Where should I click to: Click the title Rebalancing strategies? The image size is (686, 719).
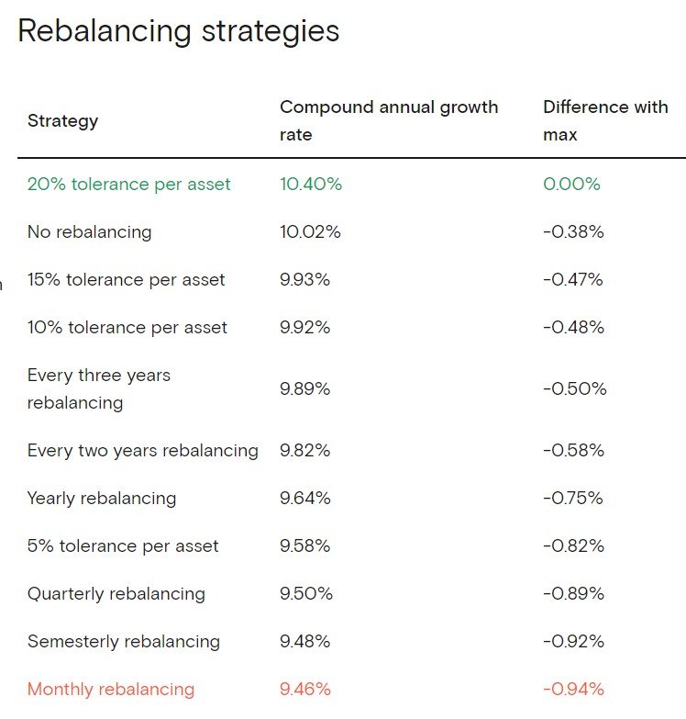[178, 31]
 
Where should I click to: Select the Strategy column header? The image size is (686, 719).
[62, 120]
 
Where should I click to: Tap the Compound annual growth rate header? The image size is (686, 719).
[389, 120]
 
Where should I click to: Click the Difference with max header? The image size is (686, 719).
[605, 120]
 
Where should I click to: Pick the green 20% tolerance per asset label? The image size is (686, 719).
[129, 184]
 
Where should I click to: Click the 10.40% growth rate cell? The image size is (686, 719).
[311, 184]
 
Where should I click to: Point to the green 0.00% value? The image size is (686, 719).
[571, 184]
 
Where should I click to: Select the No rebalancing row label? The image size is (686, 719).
[89, 231]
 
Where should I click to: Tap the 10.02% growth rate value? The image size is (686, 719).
[310, 231]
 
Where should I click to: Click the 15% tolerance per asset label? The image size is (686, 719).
[126, 279]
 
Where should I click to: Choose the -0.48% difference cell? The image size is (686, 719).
[573, 327]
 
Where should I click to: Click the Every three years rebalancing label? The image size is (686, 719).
[99, 388]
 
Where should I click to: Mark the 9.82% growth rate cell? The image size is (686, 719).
[304, 450]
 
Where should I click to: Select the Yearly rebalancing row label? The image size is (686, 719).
[102, 498]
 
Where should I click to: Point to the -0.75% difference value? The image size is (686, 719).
[573, 498]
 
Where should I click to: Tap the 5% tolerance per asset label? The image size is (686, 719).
[123, 545]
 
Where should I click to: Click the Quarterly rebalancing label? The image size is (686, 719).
[116, 593]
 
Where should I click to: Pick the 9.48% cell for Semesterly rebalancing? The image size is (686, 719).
[304, 641]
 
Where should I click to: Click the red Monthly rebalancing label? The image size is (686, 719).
[111, 689]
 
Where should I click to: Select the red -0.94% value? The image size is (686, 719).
[573, 689]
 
